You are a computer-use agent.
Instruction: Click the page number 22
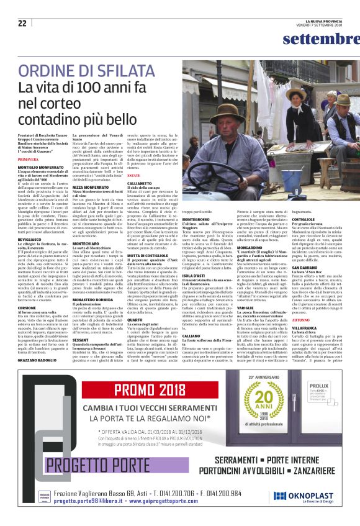point(22,23)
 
